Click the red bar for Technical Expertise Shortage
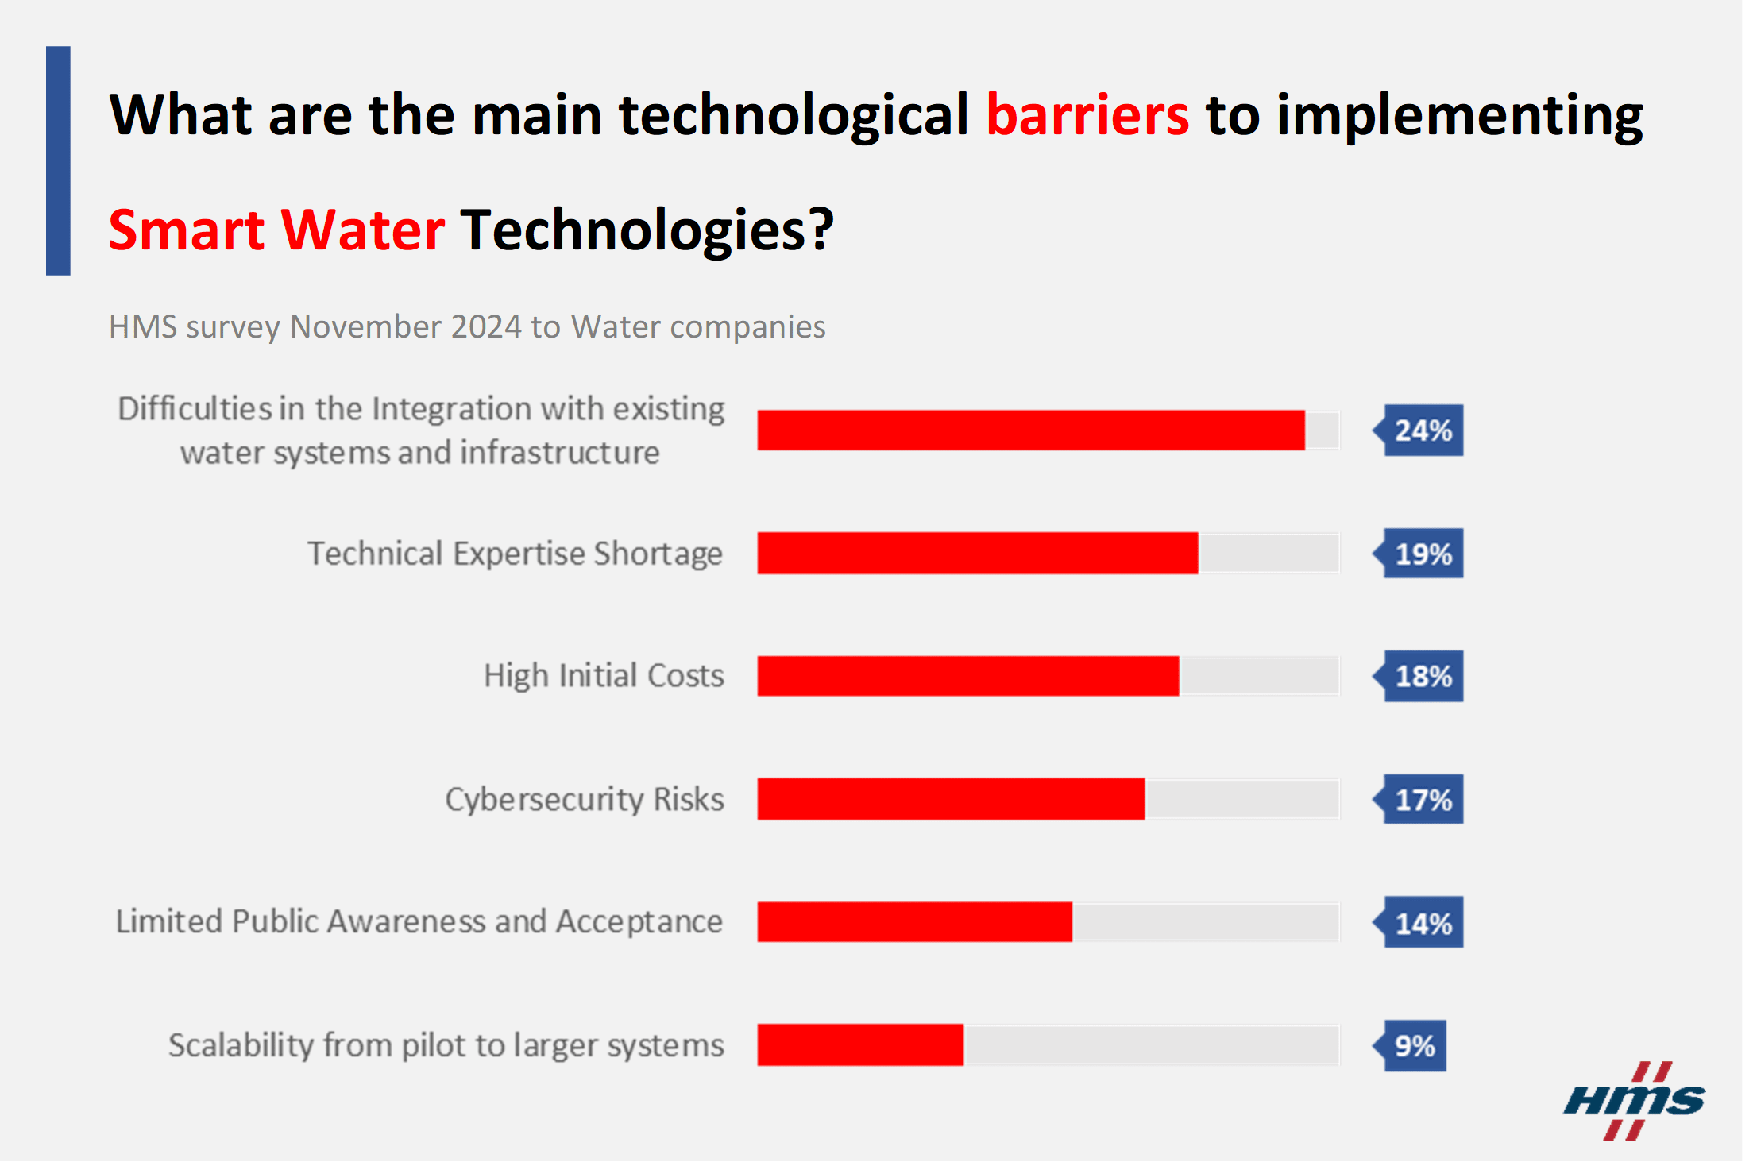977,553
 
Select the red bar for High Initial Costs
967,676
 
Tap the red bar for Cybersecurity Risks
951,799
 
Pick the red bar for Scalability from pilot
860,1044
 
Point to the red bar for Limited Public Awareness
914,922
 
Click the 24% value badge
1422,430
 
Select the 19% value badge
1422,554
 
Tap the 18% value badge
1422,676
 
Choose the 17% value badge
1422,799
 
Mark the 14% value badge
1422,923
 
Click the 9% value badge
1414,1045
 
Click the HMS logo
1634,1102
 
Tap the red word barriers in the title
1087,115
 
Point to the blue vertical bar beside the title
58,160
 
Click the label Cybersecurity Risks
584,799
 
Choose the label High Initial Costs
604,676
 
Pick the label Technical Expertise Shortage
515,554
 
